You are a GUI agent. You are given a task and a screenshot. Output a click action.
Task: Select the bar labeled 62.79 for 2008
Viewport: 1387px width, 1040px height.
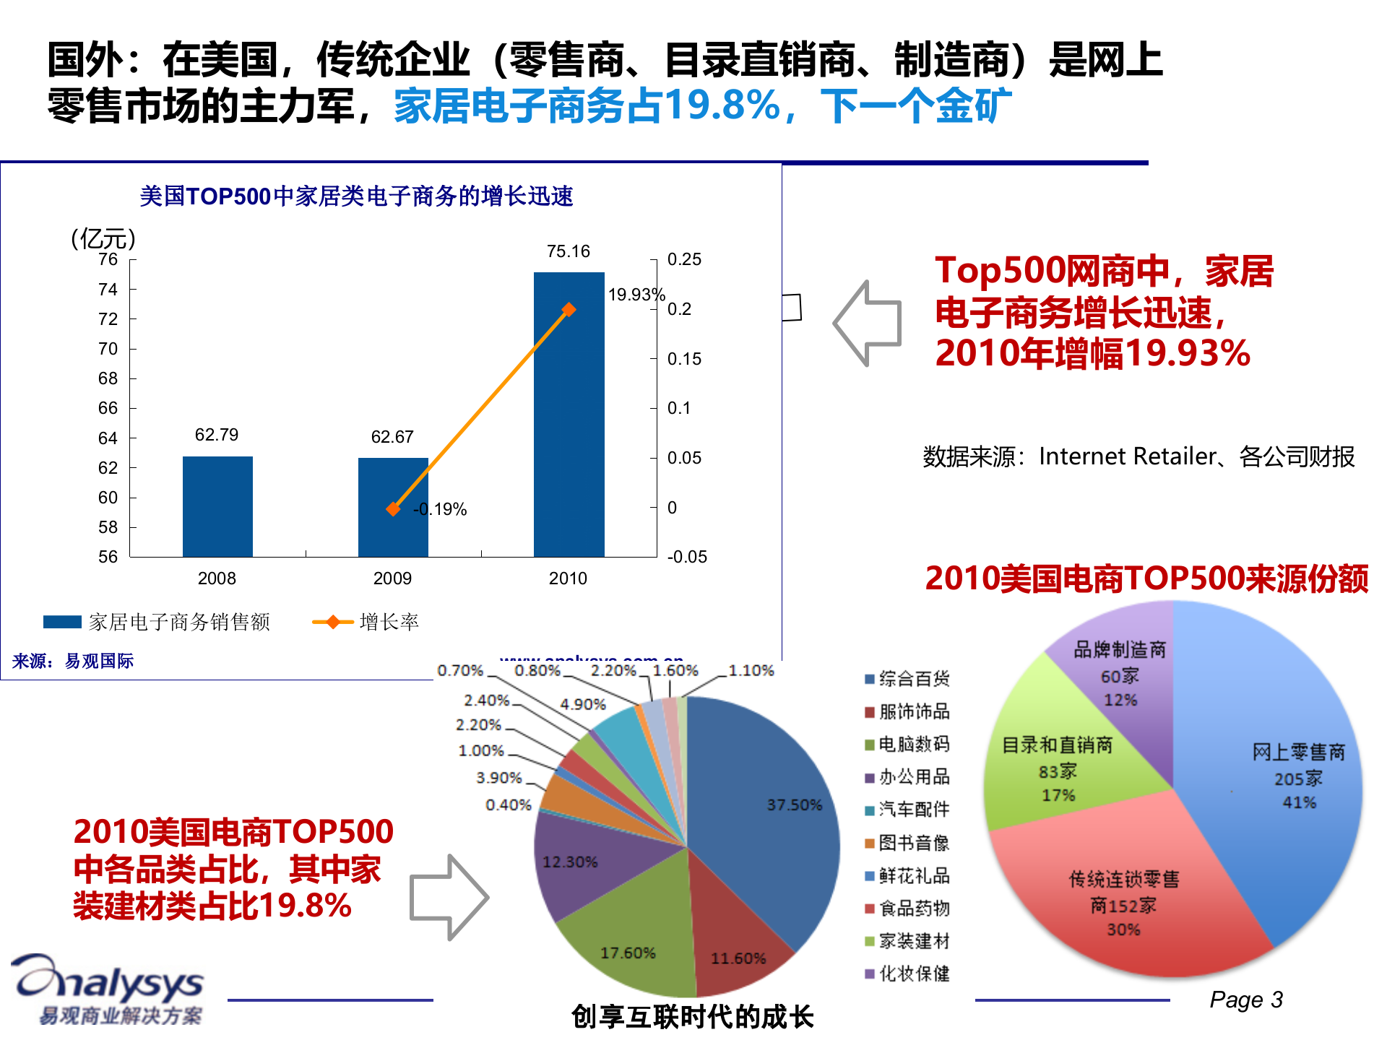tap(217, 506)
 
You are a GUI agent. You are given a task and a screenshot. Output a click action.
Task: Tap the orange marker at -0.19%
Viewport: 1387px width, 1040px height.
tap(393, 509)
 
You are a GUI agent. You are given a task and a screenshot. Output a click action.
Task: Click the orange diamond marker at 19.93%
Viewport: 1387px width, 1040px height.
tap(569, 310)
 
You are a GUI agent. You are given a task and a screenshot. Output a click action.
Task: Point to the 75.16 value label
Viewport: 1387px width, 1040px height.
tap(569, 251)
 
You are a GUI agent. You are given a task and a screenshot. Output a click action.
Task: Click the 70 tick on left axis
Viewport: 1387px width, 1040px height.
tap(108, 349)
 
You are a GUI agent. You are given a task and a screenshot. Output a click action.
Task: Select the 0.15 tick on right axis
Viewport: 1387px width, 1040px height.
tap(683, 359)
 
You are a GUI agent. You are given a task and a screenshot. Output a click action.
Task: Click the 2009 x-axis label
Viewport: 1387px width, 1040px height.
tap(392, 578)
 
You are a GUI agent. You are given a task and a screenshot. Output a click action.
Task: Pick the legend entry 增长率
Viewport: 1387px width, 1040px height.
tap(367, 622)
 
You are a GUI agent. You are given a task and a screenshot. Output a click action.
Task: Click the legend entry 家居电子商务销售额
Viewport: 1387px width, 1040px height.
tap(157, 622)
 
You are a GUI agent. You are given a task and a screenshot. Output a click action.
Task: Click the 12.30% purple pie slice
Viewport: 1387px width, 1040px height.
tap(574, 863)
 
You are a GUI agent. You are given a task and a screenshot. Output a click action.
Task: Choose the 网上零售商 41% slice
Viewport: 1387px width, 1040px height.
tap(1286, 780)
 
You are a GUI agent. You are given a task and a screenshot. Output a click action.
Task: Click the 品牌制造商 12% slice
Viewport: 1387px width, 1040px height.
tap(1120, 675)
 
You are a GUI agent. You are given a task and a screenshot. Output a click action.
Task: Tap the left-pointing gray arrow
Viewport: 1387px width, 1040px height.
tap(867, 323)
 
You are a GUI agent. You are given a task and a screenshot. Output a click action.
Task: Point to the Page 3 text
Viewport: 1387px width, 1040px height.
tap(1245, 1000)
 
